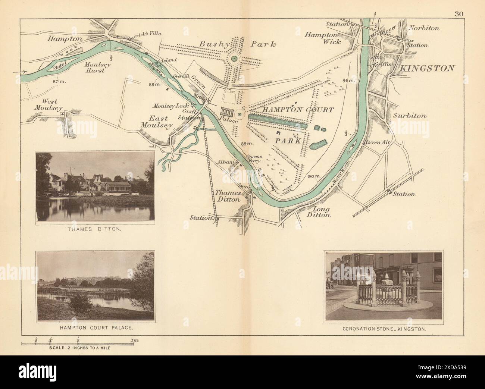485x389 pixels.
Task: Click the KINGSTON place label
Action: point(428,68)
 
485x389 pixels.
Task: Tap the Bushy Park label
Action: point(237,44)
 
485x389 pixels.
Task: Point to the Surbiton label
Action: point(410,116)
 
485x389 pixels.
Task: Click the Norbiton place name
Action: point(424,28)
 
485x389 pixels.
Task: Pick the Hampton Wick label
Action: point(323,38)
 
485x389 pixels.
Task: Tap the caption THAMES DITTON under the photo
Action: point(94,230)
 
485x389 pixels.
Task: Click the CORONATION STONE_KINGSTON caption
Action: point(384,329)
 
